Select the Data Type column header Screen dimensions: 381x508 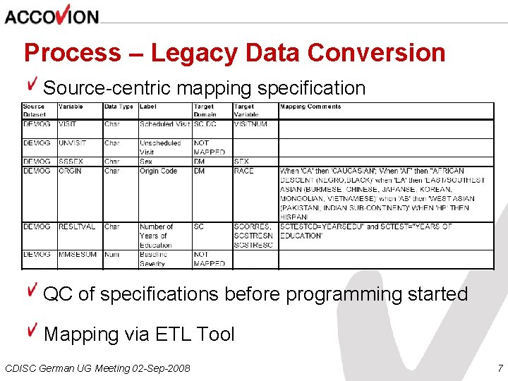click(119, 107)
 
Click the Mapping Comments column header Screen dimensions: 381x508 click(310, 107)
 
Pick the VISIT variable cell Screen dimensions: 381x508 click(68, 124)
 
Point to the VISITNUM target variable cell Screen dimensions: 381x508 click(250, 124)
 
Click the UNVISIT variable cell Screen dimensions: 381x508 click(72, 143)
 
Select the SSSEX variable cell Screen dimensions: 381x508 click(71, 162)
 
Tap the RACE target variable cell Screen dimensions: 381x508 click(243, 171)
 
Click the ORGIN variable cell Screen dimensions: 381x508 click(70, 171)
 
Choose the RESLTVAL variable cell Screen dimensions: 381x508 click(77, 226)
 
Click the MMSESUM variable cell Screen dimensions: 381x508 click(78, 254)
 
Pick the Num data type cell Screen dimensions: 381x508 click(111, 254)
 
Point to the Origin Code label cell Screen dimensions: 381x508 click(159, 171)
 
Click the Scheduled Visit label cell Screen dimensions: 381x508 click(164, 124)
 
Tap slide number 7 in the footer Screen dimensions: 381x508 click(500, 368)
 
